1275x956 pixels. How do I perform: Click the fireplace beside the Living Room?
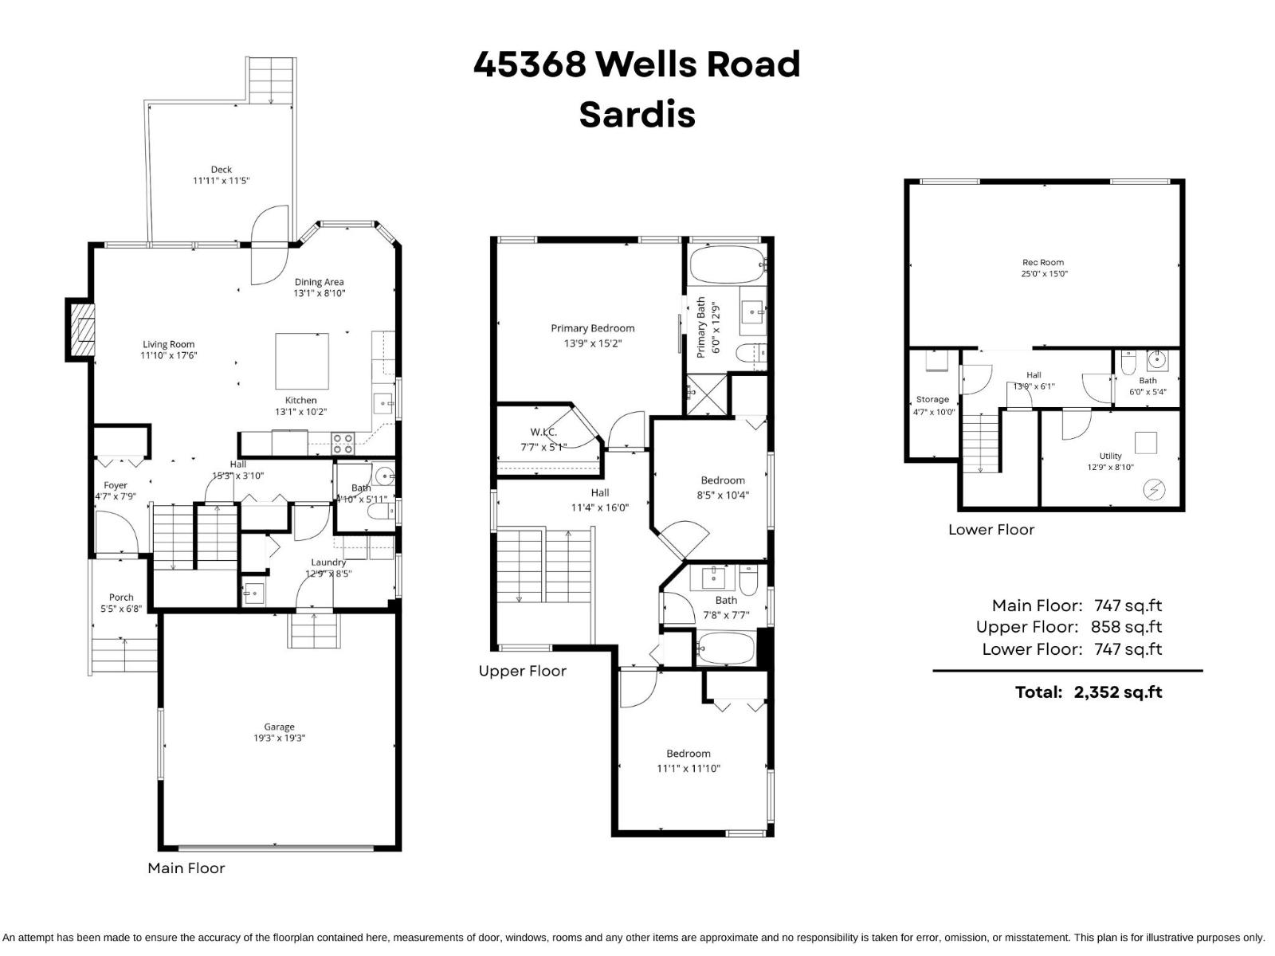pyautogui.click(x=80, y=329)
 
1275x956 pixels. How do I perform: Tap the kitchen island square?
pyautogui.click(x=302, y=360)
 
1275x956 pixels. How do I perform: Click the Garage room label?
pyautogui.click(x=279, y=727)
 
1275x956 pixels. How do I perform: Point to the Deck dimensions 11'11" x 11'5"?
pyautogui.click(x=221, y=181)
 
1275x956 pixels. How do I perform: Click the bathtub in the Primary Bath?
pyautogui.click(x=726, y=263)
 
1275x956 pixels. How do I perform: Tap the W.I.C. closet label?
pyautogui.click(x=543, y=432)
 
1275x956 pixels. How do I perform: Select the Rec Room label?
pyautogui.click(x=1043, y=262)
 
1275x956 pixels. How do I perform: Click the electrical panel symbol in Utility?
pyautogui.click(x=1153, y=489)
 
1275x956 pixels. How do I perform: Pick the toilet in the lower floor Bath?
pyautogui.click(x=1127, y=364)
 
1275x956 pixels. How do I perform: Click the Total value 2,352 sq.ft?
pyautogui.click(x=1117, y=692)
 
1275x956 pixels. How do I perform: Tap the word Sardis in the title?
pyautogui.click(x=637, y=114)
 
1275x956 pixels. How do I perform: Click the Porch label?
pyautogui.click(x=121, y=597)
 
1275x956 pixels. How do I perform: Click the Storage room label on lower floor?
pyautogui.click(x=932, y=399)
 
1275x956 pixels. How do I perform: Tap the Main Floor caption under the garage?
pyautogui.click(x=186, y=868)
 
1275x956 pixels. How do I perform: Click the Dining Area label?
pyautogui.click(x=319, y=281)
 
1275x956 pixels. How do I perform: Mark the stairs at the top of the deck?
pyautogui.click(x=273, y=80)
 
